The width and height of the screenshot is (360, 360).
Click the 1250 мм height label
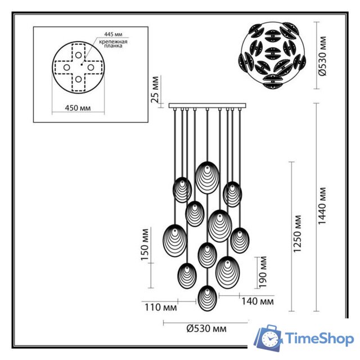point(298,236)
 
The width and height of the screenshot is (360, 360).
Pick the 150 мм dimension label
point(146,245)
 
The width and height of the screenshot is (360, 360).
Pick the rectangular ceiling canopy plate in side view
point(206,105)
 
